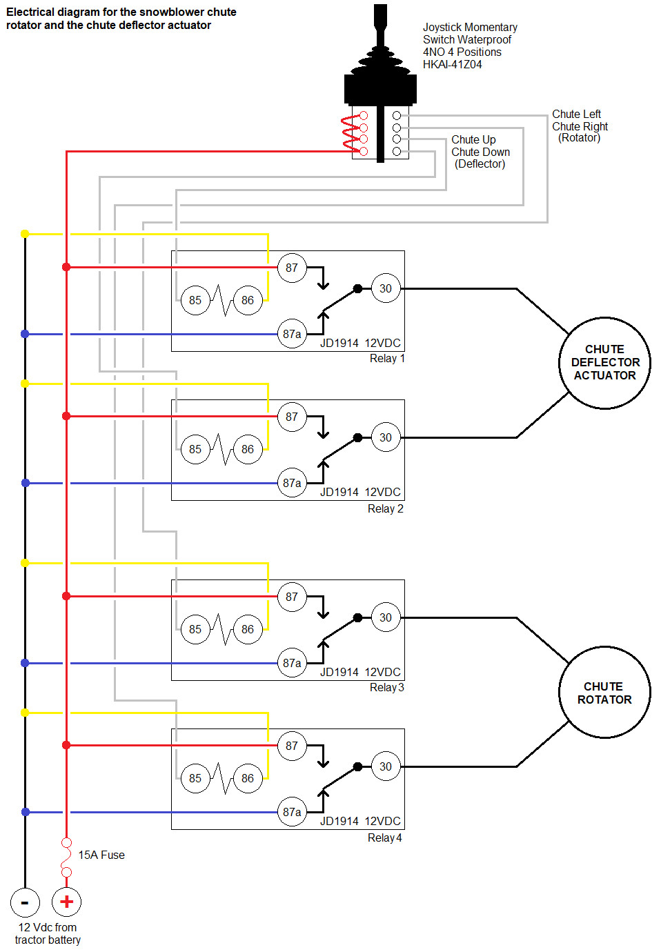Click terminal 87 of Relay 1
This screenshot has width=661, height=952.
(x=292, y=268)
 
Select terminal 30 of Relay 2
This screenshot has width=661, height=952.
(x=386, y=437)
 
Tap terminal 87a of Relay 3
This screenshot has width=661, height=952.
(x=292, y=663)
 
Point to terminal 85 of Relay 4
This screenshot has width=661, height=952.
(x=195, y=778)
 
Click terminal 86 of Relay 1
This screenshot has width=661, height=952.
(x=248, y=300)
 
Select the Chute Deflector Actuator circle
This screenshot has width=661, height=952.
(x=605, y=363)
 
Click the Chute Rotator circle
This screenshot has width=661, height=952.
(x=605, y=693)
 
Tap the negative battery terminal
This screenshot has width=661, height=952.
(x=25, y=902)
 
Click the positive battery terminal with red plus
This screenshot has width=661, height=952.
(x=66, y=902)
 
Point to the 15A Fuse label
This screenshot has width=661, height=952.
(x=101, y=855)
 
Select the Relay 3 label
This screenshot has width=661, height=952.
(x=386, y=688)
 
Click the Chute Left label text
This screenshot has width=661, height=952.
(x=576, y=114)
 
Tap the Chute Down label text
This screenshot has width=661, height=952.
(x=480, y=152)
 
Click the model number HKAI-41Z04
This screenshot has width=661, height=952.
(x=453, y=65)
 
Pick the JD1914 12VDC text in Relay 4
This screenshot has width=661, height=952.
(x=360, y=821)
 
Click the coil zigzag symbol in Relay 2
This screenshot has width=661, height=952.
(x=221, y=449)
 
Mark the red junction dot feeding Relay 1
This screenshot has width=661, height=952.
(x=66, y=267)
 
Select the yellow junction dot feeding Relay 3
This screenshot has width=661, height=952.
(x=25, y=563)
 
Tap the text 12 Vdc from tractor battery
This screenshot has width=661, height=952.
(x=48, y=933)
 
